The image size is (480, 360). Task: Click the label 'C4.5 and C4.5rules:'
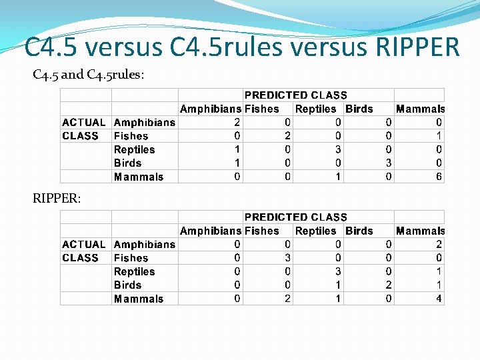pos(88,75)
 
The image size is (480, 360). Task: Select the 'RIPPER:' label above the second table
pos(57,197)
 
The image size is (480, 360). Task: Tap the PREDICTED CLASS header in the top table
pos(295,95)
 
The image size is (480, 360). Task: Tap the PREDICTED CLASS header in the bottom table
pos(295,217)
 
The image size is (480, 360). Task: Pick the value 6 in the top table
pos(439,177)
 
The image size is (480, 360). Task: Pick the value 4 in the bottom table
pos(439,299)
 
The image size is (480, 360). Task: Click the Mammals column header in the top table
pos(420,109)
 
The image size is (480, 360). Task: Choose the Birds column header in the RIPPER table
pos(359,231)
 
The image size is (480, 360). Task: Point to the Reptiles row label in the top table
pos(134,149)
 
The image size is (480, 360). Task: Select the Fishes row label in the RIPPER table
pos(131,258)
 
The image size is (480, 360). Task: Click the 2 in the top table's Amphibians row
pos(237,123)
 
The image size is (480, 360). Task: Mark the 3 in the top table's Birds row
pos(389,163)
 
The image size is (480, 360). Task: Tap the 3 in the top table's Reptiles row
pos(338,149)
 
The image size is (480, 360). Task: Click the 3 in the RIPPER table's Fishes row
pos(287,258)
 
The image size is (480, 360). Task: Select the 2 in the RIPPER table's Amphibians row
pos(439,245)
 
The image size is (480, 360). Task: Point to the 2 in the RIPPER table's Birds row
pos(389,285)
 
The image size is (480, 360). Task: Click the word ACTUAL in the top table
pos(83,123)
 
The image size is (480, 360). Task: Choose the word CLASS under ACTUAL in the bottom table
pos(80,258)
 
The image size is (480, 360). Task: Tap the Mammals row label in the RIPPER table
pos(138,299)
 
